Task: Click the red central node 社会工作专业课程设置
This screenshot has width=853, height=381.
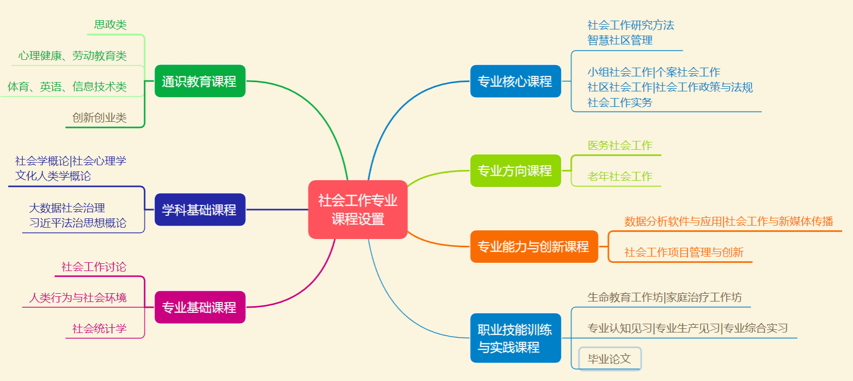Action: (x=357, y=210)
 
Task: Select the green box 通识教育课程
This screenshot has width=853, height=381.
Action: (x=200, y=81)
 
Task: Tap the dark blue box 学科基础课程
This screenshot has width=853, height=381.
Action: (x=200, y=210)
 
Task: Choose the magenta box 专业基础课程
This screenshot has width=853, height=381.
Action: (x=200, y=307)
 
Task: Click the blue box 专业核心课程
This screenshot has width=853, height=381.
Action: (x=515, y=81)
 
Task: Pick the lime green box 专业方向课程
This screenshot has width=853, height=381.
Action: (x=515, y=170)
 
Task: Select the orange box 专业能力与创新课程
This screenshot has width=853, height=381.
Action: (x=534, y=246)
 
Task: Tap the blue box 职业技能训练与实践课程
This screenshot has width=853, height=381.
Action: (x=515, y=338)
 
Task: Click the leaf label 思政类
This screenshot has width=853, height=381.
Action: (x=110, y=25)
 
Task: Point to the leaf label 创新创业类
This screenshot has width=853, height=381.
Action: (x=100, y=118)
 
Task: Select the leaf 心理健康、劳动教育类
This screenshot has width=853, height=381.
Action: (x=73, y=56)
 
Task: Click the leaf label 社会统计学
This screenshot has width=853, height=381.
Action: (x=100, y=329)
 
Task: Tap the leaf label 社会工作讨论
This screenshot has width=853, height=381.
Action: (x=94, y=267)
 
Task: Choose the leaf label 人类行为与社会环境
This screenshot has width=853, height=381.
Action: (x=78, y=298)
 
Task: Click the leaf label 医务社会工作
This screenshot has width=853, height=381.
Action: (x=620, y=146)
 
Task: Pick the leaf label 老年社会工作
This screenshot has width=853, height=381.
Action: (x=620, y=177)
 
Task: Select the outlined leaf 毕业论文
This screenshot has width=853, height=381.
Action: (x=610, y=359)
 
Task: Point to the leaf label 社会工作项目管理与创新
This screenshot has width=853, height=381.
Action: (x=684, y=252)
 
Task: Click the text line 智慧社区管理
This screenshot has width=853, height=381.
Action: (x=620, y=40)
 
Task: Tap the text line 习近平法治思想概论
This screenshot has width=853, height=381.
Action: (x=78, y=223)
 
